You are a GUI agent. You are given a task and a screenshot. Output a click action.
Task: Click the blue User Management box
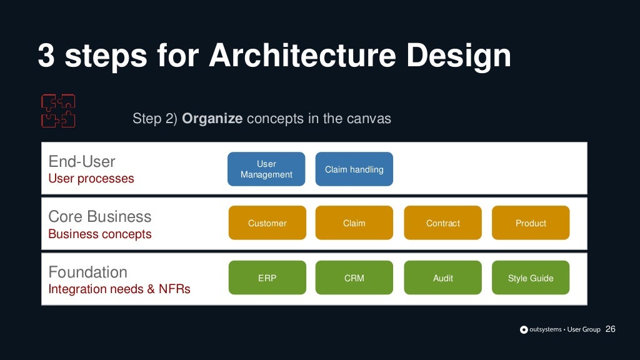point(266,169)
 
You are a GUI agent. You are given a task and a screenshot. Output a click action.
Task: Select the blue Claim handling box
point(354,169)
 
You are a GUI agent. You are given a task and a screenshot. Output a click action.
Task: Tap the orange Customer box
point(267,223)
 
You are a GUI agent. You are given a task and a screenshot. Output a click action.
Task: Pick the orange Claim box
point(354,223)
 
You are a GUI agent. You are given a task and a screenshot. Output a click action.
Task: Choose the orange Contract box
point(442,223)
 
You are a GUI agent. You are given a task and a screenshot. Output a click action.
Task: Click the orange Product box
point(531,223)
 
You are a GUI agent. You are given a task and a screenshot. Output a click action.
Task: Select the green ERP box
point(267,278)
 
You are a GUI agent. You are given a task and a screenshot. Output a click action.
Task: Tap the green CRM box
point(354,278)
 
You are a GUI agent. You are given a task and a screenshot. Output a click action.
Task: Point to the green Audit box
point(442,278)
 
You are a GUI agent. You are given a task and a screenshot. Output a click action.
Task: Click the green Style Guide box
point(531,278)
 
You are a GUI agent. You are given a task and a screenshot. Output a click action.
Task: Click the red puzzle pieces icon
point(58,111)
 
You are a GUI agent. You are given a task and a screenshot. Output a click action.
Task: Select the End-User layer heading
point(82,162)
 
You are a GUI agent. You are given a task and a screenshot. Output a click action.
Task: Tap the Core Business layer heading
point(99,217)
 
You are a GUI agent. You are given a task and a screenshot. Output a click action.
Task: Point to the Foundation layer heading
point(87,272)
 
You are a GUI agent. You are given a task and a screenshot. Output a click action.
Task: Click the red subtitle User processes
point(91,179)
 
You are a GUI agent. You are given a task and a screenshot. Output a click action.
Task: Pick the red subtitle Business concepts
point(99,234)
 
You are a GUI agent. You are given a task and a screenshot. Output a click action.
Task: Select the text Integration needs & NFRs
point(119,289)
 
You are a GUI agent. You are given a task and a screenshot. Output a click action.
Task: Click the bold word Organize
point(212,119)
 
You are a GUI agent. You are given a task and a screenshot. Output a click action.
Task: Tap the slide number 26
point(611,329)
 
